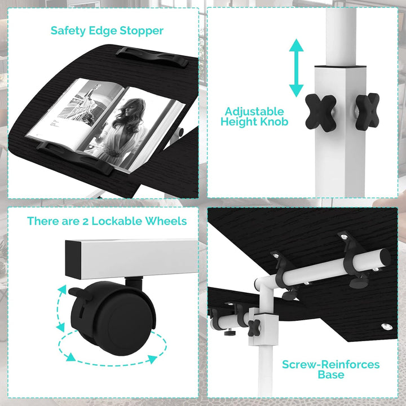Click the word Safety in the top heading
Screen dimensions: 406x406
point(68,31)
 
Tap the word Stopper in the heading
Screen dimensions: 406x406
point(142,31)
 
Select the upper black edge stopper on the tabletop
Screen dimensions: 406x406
point(152,57)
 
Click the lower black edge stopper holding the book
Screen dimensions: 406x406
point(75,158)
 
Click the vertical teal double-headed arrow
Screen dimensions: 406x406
point(296,68)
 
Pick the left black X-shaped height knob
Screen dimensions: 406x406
point(321,113)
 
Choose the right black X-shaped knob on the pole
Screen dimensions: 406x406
point(367,111)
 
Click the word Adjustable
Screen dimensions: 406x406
point(254,112)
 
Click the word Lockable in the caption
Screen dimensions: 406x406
point(117,221)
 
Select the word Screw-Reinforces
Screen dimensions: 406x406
point(330,365)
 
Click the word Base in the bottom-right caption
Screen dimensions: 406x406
point(331,374)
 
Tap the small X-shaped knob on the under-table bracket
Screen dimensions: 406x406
point(254,328)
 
